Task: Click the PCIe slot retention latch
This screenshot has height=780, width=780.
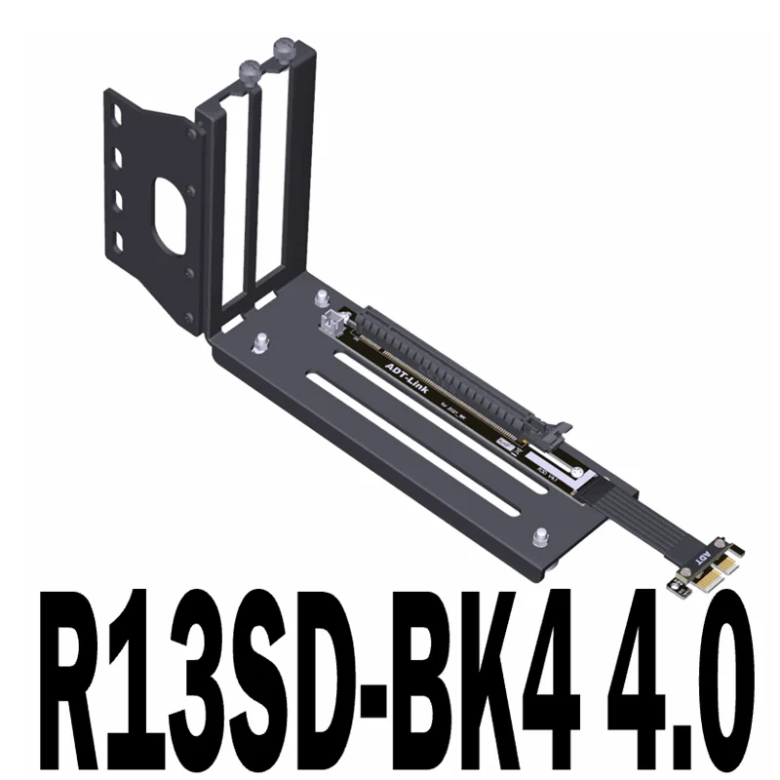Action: [x=563, y=426]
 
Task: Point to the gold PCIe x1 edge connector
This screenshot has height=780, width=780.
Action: [x=704, y=583]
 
